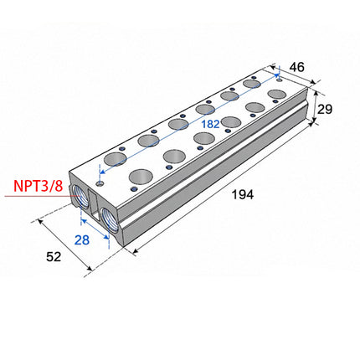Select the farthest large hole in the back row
(252, 85)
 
